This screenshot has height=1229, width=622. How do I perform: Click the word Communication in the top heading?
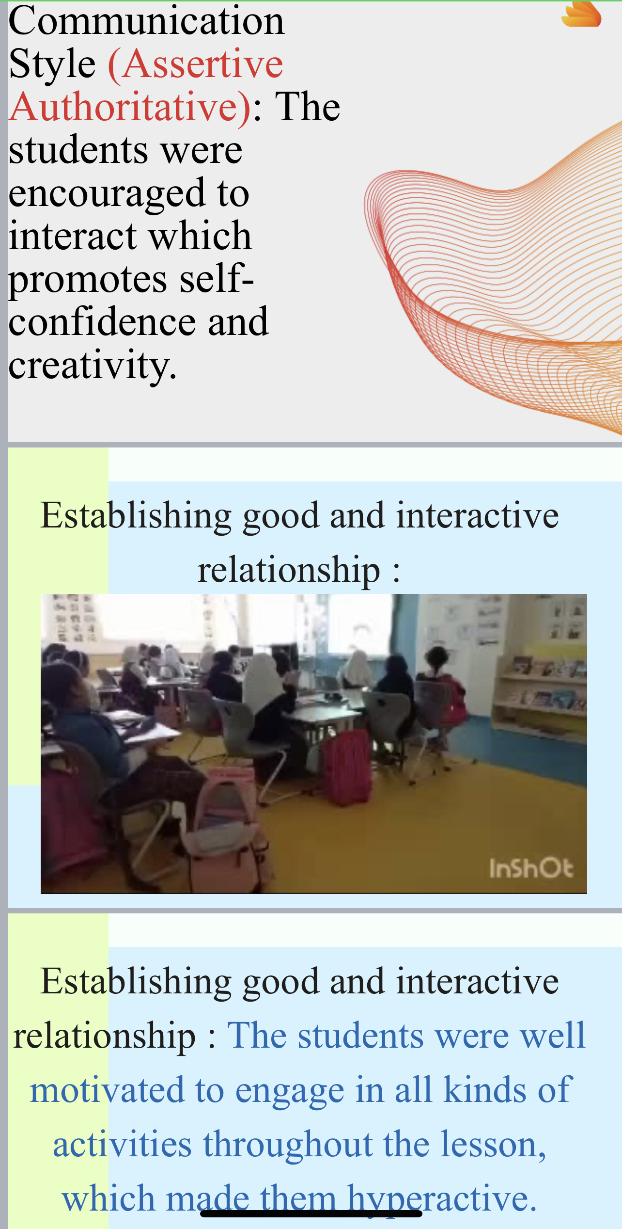click(x=146, y=21)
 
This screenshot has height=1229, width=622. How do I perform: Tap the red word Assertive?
click(x=196, y=65)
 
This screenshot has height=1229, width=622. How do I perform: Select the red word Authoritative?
click(x=130, y=108)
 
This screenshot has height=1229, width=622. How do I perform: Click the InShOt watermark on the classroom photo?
click(x=531, y=869)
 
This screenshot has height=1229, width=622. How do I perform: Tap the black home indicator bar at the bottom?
click(x=311, y=1213)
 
